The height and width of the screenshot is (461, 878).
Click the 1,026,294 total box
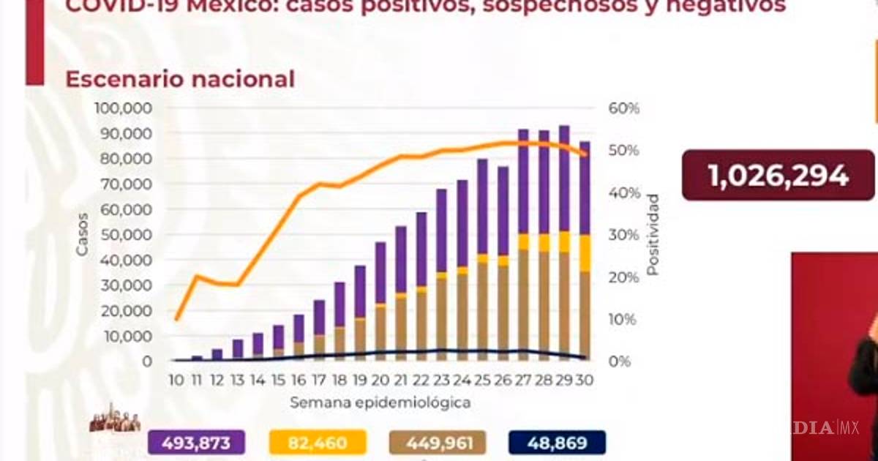pyautogui.click(x=778, y=176)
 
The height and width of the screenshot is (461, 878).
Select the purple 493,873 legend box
pyautogui.click(x=196, y=443)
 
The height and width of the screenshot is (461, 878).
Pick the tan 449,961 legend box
pyautogui.click(x=437, y=443)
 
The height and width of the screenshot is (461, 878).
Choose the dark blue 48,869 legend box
pyautogui.click(x=557, y=443)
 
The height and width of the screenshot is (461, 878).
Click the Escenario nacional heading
pyautogui.click(x=180, y=79)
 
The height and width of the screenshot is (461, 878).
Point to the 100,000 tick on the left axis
pyautogui.click(x=123, y=108)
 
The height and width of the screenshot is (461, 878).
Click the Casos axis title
pyautogui.click(x=83, y=234)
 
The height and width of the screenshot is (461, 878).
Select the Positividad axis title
pyautogui.click(x=653, y=235)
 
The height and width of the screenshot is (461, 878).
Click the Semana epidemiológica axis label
pyautogui.click(x=380, y=402)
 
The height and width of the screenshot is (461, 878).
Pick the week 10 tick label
pyautogui.click(x=176, y=381)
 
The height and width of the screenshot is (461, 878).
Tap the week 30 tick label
pyautogui.click(x=585, y=381)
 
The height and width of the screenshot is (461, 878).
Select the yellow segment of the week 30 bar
pyautogui.click(x=585, y=253)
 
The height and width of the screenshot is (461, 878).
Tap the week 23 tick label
pyautogui.click(x=442, y=381)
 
